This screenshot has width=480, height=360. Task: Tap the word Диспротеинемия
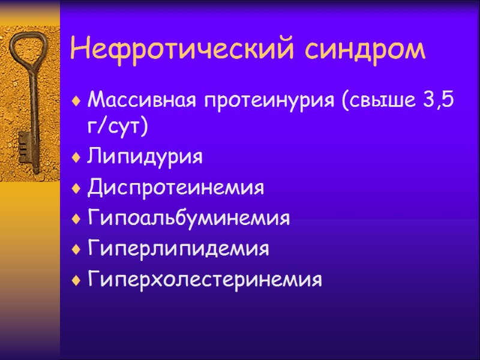tap(175, 188)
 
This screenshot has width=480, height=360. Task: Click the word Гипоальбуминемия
tap(188, 218)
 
